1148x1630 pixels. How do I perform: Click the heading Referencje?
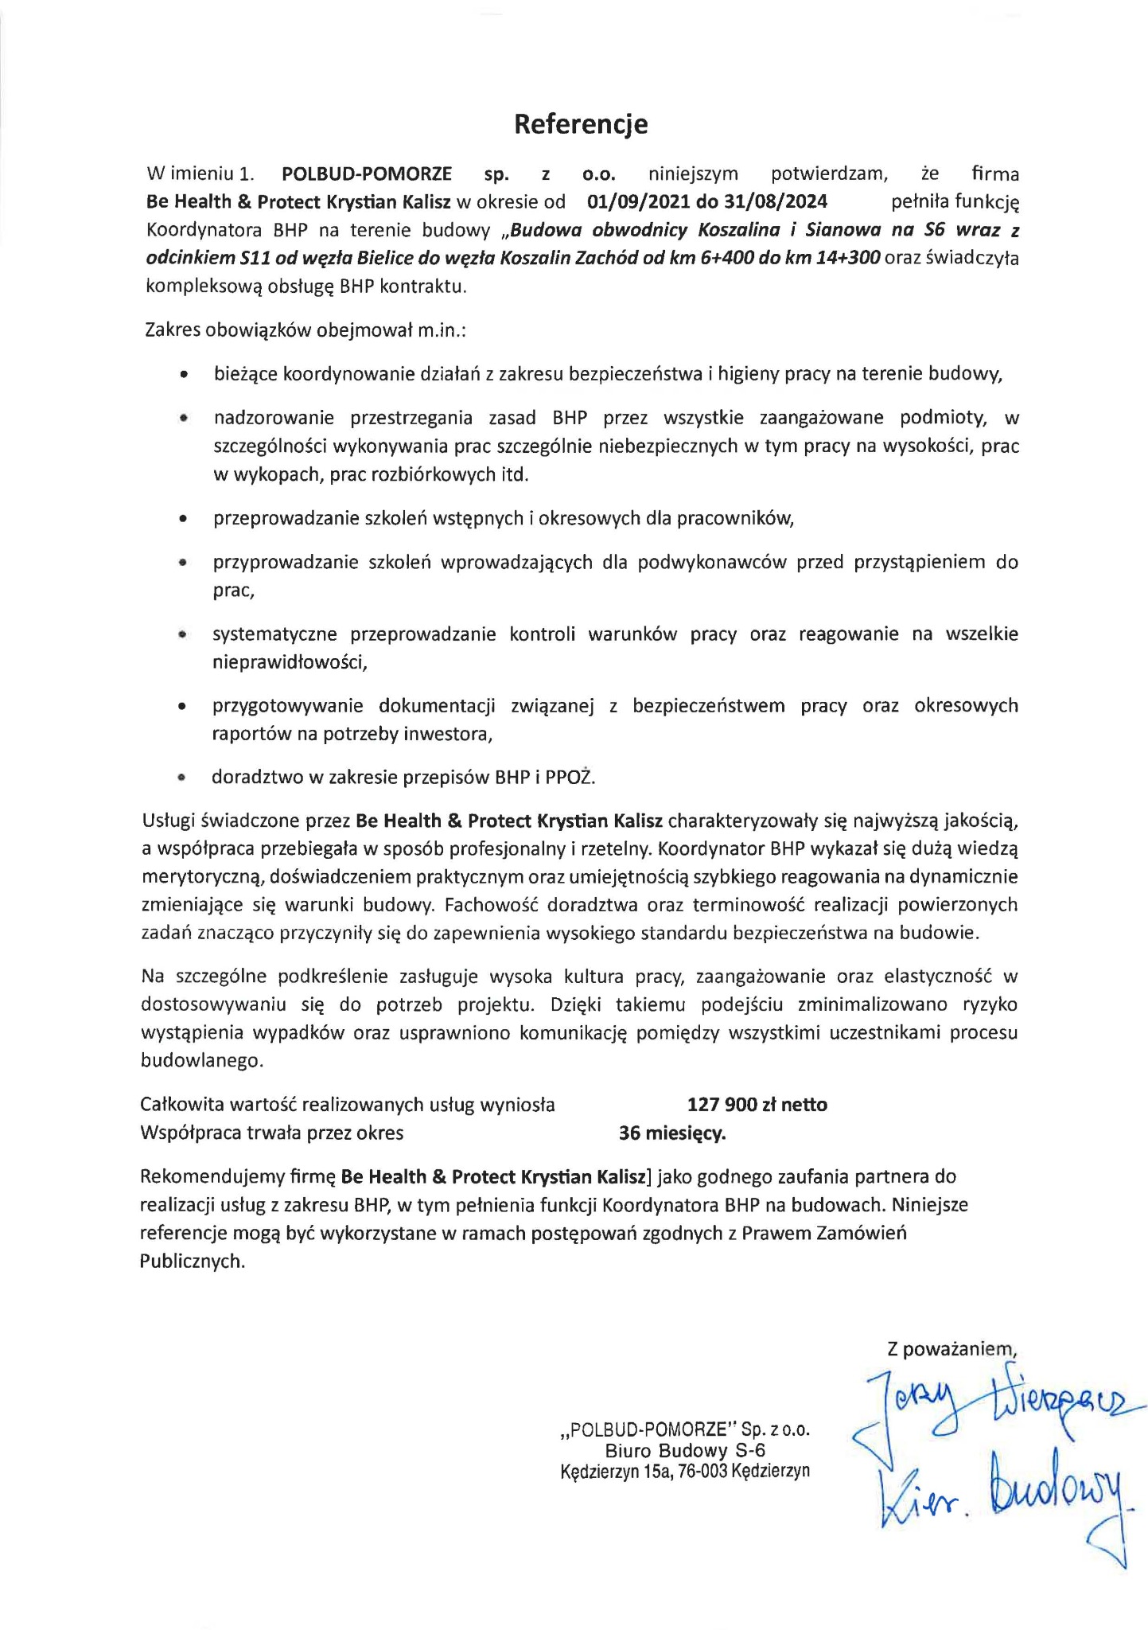(x=580, y=124)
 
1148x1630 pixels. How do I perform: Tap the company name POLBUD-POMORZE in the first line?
(x=367, y=173)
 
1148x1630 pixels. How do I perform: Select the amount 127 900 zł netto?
(x=757, y=1105)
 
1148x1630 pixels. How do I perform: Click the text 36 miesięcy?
(x=672, y=1133)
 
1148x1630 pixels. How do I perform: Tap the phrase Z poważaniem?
(x=952, y=1349)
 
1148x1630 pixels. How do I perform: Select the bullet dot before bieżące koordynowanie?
(x=184, y=374)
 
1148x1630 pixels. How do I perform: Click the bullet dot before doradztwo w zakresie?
(x=182, y=778)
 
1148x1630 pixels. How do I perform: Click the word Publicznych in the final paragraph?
(x=191, y=1261)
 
